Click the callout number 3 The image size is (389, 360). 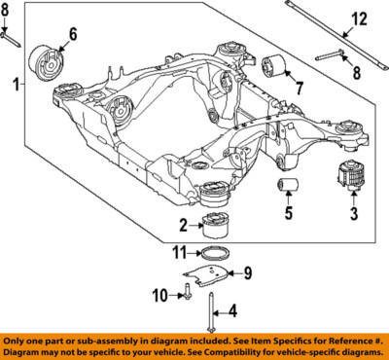click(353, 211)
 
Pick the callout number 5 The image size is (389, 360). click(287, 212)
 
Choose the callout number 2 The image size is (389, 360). click(182, 226)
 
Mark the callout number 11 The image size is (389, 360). click(179, 254)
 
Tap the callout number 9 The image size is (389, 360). click(247, 272)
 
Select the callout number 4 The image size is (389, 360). click(230, 312)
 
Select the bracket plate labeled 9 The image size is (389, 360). click(217, 279)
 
